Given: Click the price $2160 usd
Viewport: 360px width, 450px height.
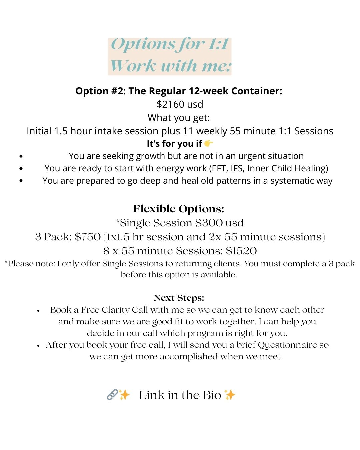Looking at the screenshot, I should coord(180,104).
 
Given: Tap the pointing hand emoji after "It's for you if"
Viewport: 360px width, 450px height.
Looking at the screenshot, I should coord(209,143).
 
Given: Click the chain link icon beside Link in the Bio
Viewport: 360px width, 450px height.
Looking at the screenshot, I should coord(112,395).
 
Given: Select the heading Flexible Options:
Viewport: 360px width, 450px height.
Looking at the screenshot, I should coord(179,209).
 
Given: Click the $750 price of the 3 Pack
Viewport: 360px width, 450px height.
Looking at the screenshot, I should coord(88,237).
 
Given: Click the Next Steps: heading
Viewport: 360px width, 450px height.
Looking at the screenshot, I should coord(179,298).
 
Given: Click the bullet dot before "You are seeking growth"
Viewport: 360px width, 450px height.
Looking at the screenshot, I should coord(21,156).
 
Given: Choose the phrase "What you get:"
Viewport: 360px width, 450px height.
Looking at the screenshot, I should coord(179,118).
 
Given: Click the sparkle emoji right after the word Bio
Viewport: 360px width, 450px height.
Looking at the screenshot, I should coord(230,395).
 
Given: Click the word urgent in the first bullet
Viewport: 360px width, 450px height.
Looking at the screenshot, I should coord(232,156).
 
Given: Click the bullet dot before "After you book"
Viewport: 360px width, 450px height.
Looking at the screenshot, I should coord(39,346).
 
